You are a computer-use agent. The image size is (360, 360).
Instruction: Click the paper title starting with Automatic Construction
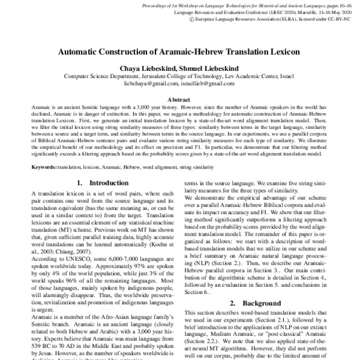point(179,53)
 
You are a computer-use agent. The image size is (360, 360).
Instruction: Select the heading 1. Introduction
point(99,182)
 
